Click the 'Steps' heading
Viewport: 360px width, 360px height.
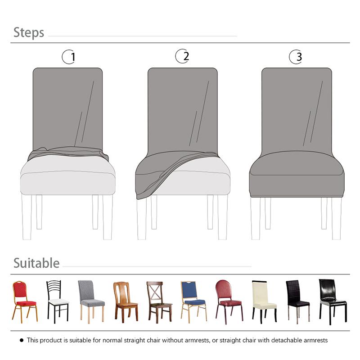coord(29,32)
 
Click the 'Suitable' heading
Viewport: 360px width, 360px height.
coord(36,263)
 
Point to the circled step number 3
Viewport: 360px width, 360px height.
coord(296,57)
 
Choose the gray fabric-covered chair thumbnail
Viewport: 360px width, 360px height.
coord(90,300)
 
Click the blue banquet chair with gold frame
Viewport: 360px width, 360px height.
coord(193,300)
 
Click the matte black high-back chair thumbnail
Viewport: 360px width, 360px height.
coord(297,300)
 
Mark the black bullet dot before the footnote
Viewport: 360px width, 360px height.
coord(21,340)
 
